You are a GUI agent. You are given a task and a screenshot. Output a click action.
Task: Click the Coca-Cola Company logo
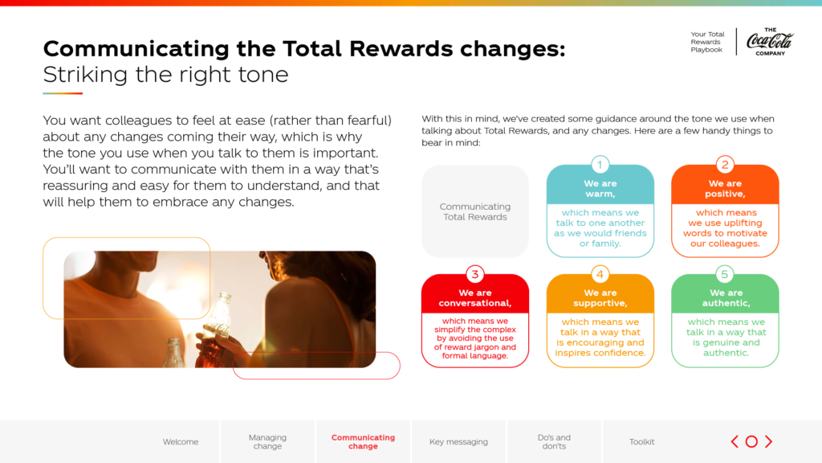tap(770, 42)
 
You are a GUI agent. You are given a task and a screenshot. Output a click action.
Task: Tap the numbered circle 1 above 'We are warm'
tap(600, 165)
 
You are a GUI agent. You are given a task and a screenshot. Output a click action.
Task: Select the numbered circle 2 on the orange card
tap(725, 165)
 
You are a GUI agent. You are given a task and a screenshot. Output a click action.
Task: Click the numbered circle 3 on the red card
tap(475, 274)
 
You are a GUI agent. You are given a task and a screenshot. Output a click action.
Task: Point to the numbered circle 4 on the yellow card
tap(600, 274)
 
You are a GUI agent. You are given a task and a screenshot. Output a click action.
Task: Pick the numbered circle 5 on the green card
tap(725, 274)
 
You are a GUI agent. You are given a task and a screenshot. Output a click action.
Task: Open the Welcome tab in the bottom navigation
tap(181, 442)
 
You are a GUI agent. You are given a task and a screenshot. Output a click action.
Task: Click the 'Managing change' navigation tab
tap(267, 441)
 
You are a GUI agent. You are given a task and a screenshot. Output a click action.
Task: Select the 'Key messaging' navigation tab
tap(458, 442)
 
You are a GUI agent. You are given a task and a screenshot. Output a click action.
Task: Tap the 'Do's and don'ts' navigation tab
tap(554, 441)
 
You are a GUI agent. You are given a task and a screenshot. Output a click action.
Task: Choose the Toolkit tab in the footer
tap(641, 442)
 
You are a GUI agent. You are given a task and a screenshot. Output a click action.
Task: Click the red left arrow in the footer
tap(735, 441)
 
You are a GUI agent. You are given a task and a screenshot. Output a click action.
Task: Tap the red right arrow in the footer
tap(768, 441)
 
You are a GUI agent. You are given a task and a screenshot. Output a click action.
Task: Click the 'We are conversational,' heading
tap(475, 297)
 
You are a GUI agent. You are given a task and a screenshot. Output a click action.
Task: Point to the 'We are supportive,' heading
tap(600, 297)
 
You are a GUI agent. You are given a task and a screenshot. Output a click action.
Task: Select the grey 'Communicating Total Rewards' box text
tap(475, 211)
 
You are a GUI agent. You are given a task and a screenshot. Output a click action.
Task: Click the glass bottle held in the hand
tap(216, 330)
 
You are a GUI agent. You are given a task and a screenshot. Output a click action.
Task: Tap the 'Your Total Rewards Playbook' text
tap(707, 42)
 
